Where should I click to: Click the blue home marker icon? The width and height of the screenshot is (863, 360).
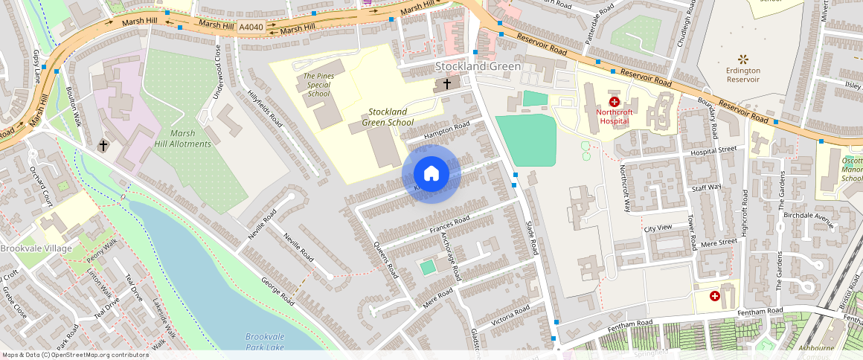(431, 174)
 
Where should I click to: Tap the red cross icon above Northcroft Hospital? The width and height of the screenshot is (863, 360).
(614, 102)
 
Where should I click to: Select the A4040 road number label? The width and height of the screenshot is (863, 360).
(251, 28)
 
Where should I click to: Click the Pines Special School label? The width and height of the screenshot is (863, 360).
(318, 85)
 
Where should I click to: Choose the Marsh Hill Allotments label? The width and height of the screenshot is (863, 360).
(183, 138)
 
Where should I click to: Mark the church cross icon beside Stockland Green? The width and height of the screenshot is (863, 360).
(446, 84)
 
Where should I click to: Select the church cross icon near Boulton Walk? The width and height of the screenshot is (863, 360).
(104, 146)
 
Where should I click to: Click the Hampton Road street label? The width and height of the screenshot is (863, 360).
(447, 132)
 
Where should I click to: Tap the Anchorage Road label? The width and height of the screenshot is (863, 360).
(452, 255)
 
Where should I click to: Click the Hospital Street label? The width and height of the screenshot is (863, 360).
(713, 150)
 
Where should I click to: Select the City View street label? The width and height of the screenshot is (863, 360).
(658, 228)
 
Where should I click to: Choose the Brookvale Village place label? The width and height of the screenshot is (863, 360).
(36, 248)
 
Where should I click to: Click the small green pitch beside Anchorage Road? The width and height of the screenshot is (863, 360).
(427, 266)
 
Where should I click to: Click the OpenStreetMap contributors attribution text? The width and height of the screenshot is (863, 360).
(74, 355)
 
